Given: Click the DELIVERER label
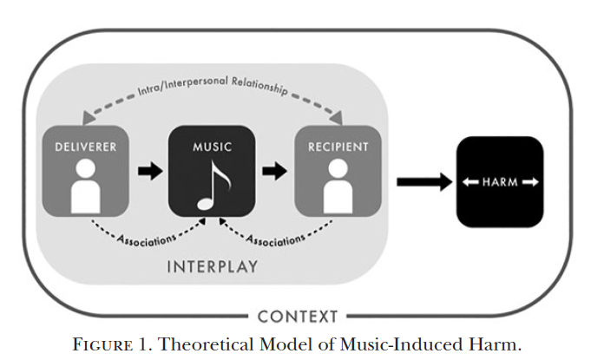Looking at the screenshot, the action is pyautogui.click(x=86, y=147).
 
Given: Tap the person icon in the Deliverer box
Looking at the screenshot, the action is pyautogui.click(x=86, y=186).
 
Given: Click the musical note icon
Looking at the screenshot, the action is pyautogui.click(x=213, y=185).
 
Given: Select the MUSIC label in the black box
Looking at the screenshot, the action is pyautogui.click(x=213, y=147).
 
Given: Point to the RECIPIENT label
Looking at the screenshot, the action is pyautogui.click(x=338, y=147).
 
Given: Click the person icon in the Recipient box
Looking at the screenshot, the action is pyautogui.click(x=338, y=186).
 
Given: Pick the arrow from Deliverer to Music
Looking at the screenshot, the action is pyautogui.click(x=150, y=171).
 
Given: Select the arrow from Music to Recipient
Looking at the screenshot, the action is pyautogui.click(x=274, y=171).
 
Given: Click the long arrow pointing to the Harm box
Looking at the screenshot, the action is pyautogui.click(x=424, y=182).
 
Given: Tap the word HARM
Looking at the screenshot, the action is pyautogui.click(x=500, y=182).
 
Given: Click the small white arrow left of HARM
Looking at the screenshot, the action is pyautogui.click(x=470, y=182).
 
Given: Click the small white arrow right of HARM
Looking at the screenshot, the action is pyautogui.click(x=530, y=182).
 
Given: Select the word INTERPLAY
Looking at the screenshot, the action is pyautogui.click(x=213, y=266).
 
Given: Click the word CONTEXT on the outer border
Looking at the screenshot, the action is pyautogui.click(x=298, y=317).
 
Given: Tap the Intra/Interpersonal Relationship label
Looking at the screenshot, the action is pyautogui.click(x=213, y=86).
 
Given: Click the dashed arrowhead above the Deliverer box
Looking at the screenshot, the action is pyautogui.click(x=89, y=117).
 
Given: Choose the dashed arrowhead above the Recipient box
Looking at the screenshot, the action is pyautogui.click(x=336, y=117).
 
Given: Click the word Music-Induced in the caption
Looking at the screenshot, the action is pyautogui.click(x=401, y=344).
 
